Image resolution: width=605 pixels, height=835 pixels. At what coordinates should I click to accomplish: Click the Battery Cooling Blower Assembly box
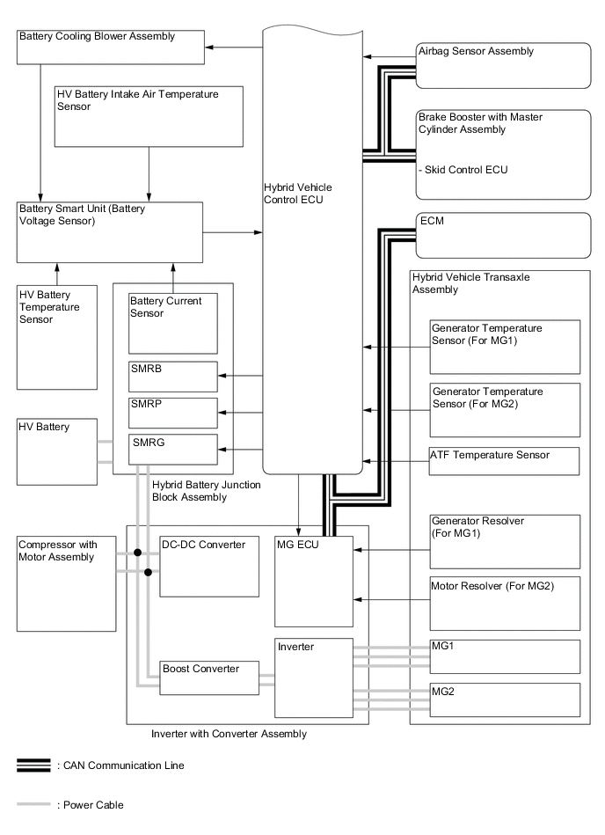click(x=110, y=47)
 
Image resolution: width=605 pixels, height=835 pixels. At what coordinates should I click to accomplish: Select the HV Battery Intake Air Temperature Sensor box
click(x=148, y=115)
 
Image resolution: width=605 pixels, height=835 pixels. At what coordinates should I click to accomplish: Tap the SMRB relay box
click(x=172, y=377)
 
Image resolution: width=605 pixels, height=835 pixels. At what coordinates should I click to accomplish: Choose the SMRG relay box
click(x=172, y=449)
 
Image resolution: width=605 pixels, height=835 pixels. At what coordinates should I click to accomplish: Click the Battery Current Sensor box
click(x=172, y=323)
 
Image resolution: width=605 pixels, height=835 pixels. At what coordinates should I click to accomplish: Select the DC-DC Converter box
click(x=209, y=566)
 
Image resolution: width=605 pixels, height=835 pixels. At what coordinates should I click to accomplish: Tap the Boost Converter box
click(x=210, y=678)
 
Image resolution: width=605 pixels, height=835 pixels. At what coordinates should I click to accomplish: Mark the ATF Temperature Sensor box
click(x=504, y=461)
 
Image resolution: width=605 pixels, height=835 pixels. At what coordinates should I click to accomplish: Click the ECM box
click(x=502, y=235)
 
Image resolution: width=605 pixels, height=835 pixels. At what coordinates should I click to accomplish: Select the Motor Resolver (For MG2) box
click(x=504, y=603)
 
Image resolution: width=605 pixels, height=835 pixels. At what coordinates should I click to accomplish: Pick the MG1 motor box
click(x=504, y=656)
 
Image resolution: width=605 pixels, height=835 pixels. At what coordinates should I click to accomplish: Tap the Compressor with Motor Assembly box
click(x=67, y=582)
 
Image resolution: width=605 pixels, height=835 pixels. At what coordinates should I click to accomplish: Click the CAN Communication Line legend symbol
click(x=33, y=765)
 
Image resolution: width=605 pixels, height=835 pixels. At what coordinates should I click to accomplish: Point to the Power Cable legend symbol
click(x=33, y=804)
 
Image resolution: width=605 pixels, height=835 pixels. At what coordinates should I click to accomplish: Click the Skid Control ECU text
click(x=464, y=170)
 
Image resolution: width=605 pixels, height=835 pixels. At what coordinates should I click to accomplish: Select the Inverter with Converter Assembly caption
click(x=229, y=733)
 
